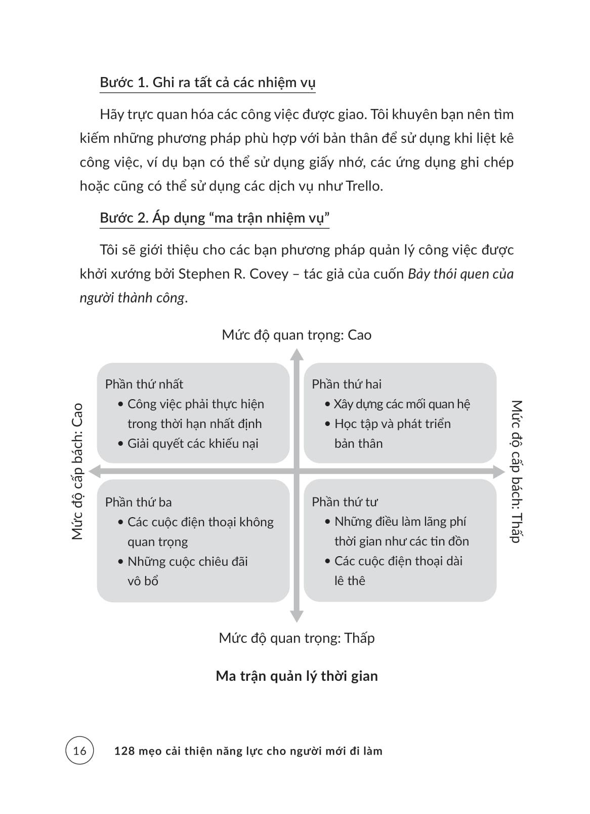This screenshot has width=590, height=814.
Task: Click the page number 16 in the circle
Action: click(x=79, y=750)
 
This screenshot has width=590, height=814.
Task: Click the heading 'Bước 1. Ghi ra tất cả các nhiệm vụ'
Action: click(x=207, y=83)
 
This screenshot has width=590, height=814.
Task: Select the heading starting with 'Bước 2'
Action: click(x=215, y=218)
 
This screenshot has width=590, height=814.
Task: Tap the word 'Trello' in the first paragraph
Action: click(x=363, y=186)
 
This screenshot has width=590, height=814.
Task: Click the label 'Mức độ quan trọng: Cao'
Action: click(x=297, y=335)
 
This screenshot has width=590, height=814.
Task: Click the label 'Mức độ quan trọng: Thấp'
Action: click(x=297, y=638)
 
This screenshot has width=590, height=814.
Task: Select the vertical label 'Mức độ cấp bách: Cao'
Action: click(x=77, y=471)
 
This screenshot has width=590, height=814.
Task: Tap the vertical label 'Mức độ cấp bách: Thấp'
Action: click(x=516, y=471)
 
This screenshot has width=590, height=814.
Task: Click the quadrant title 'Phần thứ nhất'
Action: click(x=144, y=384)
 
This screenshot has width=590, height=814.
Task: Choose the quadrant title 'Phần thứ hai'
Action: click(x=347, y=384)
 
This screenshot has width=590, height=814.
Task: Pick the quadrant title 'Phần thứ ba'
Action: click(x=138, y=502)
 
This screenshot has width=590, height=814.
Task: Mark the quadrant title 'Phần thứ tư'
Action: click(x=345, y=502)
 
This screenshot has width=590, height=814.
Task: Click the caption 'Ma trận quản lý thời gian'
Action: click(x=297, y=676)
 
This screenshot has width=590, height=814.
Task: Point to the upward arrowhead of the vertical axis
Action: click(x=297, y=354)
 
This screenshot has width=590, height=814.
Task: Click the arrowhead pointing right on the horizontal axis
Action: click(x=500, y=472)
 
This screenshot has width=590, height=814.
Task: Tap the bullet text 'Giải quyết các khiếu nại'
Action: click(x=193, y=444)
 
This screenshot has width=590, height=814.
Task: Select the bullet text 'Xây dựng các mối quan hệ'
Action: click(x=402, y=404)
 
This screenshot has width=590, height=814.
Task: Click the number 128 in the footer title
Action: click(x=124, y=751)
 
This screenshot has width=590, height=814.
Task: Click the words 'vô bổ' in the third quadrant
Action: click(x=143, y=581)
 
